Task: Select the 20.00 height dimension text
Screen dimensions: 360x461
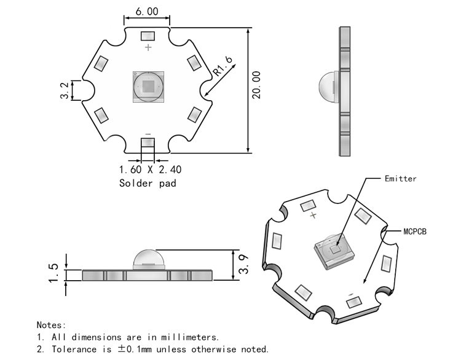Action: pos(257,84)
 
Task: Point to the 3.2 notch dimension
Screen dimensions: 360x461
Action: pos(65,90)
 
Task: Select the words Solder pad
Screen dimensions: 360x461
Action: pos(148,183)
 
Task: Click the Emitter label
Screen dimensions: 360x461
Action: pos(400,179)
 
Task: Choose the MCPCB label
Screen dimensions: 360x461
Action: pos(415,232)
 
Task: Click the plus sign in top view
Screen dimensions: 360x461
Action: pos(148,47)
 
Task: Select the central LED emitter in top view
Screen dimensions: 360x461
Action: pos(148,85)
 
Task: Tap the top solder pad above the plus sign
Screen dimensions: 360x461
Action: pos(148,36)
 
